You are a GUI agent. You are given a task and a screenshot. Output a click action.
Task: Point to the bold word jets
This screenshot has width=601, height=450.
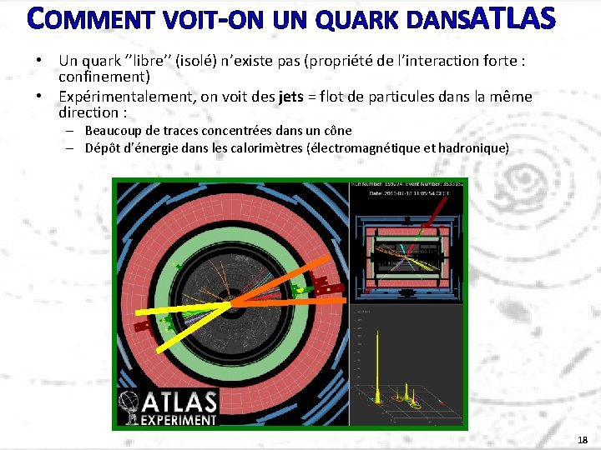coord(291,97)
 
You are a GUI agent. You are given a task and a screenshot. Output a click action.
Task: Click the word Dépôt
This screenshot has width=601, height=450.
coord(104,148)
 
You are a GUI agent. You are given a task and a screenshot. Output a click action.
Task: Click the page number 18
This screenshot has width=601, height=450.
coord(582,440)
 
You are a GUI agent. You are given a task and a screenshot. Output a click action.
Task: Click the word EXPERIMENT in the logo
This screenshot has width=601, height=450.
coord(178,419)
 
